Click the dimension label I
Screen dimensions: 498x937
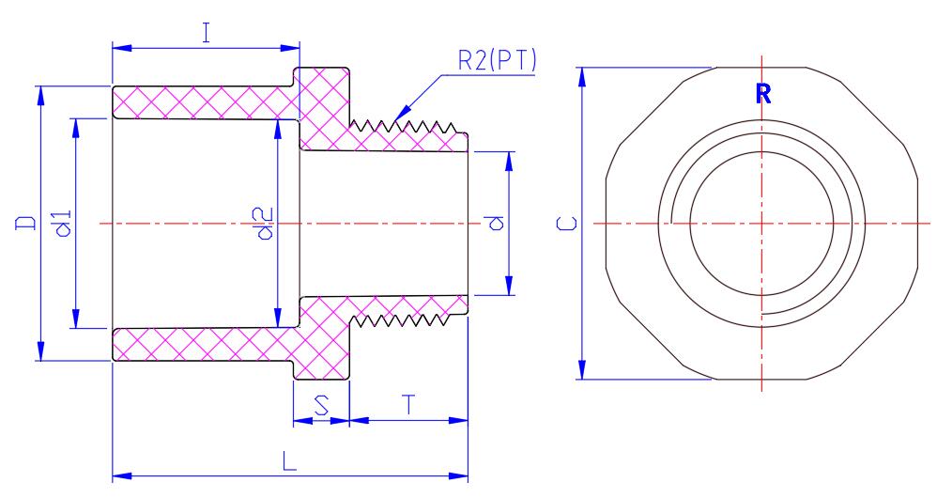click(205, 34)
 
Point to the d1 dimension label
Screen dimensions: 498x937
click(63, 224)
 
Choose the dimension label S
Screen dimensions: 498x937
click(321, 406)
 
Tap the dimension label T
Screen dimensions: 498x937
click(407, 405)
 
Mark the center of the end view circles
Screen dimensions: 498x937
click(761, 224)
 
